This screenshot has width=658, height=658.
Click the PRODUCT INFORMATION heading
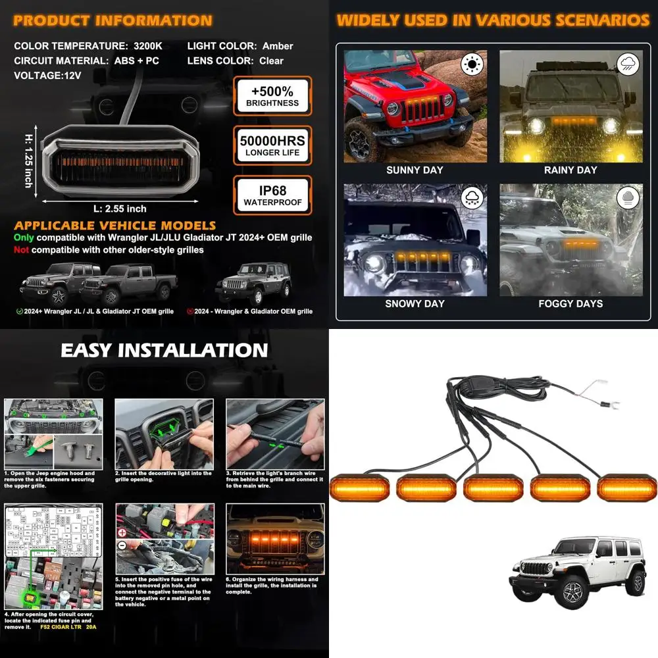click(x=113, y=20)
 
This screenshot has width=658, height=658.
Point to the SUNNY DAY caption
click(x=415, y=170)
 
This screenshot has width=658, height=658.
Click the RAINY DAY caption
click(x=570, y=170)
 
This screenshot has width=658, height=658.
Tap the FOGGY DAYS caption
click(x=570, y=304)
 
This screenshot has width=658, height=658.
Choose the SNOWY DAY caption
click(x=415, y=304)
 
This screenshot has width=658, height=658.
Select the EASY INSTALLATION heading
click(x=164, y=350)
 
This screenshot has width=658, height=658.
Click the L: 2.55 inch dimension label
click(x=120, y=209)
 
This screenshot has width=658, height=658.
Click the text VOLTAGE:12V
click(x=47, y=76)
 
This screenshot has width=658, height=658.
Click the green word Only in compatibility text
click(x=24, y=238)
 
